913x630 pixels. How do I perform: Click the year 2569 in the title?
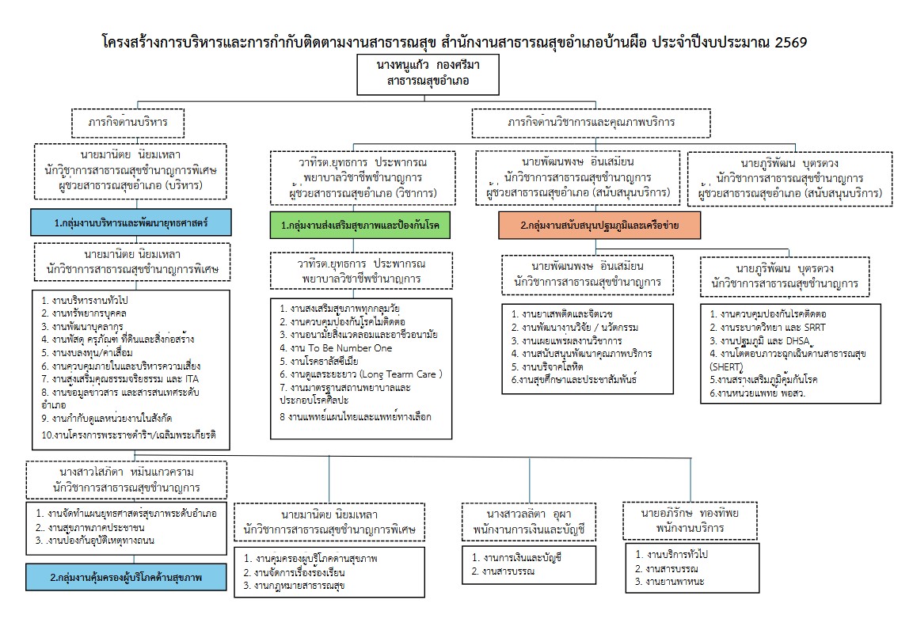[x=788, y=41]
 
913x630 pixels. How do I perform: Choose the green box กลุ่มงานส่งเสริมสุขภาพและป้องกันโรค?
[x=354, y=226]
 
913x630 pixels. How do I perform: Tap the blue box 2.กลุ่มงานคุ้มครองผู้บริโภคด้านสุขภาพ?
[x=127, y=578]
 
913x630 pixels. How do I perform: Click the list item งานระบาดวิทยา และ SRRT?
[x=760, y=328]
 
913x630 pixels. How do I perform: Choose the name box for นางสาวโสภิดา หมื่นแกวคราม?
[x=127, y=478]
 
